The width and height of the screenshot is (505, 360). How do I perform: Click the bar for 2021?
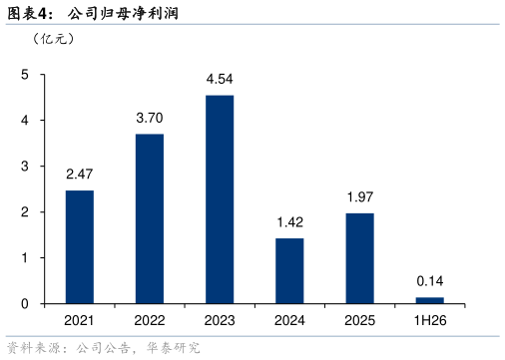click(80, 247)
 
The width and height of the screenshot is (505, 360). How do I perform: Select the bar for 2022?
click(150, 218)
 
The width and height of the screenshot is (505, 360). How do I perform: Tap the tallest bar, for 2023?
click(220, 199)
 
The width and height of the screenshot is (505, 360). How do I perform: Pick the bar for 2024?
click(289, 271)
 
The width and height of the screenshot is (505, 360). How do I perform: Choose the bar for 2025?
click(360, 258)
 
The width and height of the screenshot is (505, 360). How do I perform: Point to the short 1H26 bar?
click(430, 300)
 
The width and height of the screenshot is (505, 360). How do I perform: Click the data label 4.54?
click(220, 79)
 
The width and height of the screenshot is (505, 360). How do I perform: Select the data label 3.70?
click(150, 118)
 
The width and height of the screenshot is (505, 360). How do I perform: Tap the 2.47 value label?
click(80, 175)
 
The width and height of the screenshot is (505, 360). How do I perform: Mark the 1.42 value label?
click(290, 222)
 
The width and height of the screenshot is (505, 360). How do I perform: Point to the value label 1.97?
click(360, 197)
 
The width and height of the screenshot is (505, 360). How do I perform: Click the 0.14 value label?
click(430, 281)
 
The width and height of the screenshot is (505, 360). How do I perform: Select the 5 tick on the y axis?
click(25, 75)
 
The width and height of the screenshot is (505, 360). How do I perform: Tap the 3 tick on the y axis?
click(25, 167)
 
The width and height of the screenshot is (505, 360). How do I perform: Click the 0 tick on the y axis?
click(25, 304)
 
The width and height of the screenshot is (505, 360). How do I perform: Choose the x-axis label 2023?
click(220, 321)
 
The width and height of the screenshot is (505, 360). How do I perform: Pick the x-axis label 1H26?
click(430, 321)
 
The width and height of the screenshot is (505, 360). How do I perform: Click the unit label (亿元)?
click(53, 39)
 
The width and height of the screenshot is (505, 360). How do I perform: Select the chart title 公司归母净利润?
click(123, 14)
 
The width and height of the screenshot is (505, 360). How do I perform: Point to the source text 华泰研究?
click(173, 348)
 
